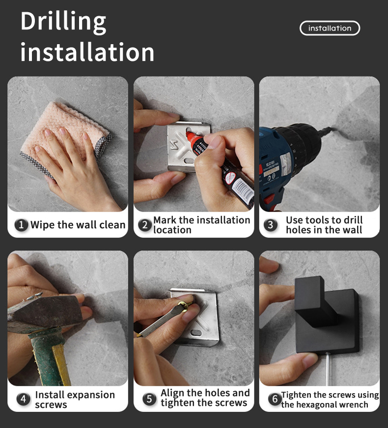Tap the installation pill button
coord(330,28)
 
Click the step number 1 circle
coord(21,225)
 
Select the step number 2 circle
coord(145,225)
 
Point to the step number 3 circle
coord(270,225)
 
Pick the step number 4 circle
coord(23,399)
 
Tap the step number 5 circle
coord(149,399)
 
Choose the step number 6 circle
coord(275,399)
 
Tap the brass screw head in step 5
coord(184,305)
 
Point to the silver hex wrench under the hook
coord(328,369)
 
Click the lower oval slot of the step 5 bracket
coord(196,333)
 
